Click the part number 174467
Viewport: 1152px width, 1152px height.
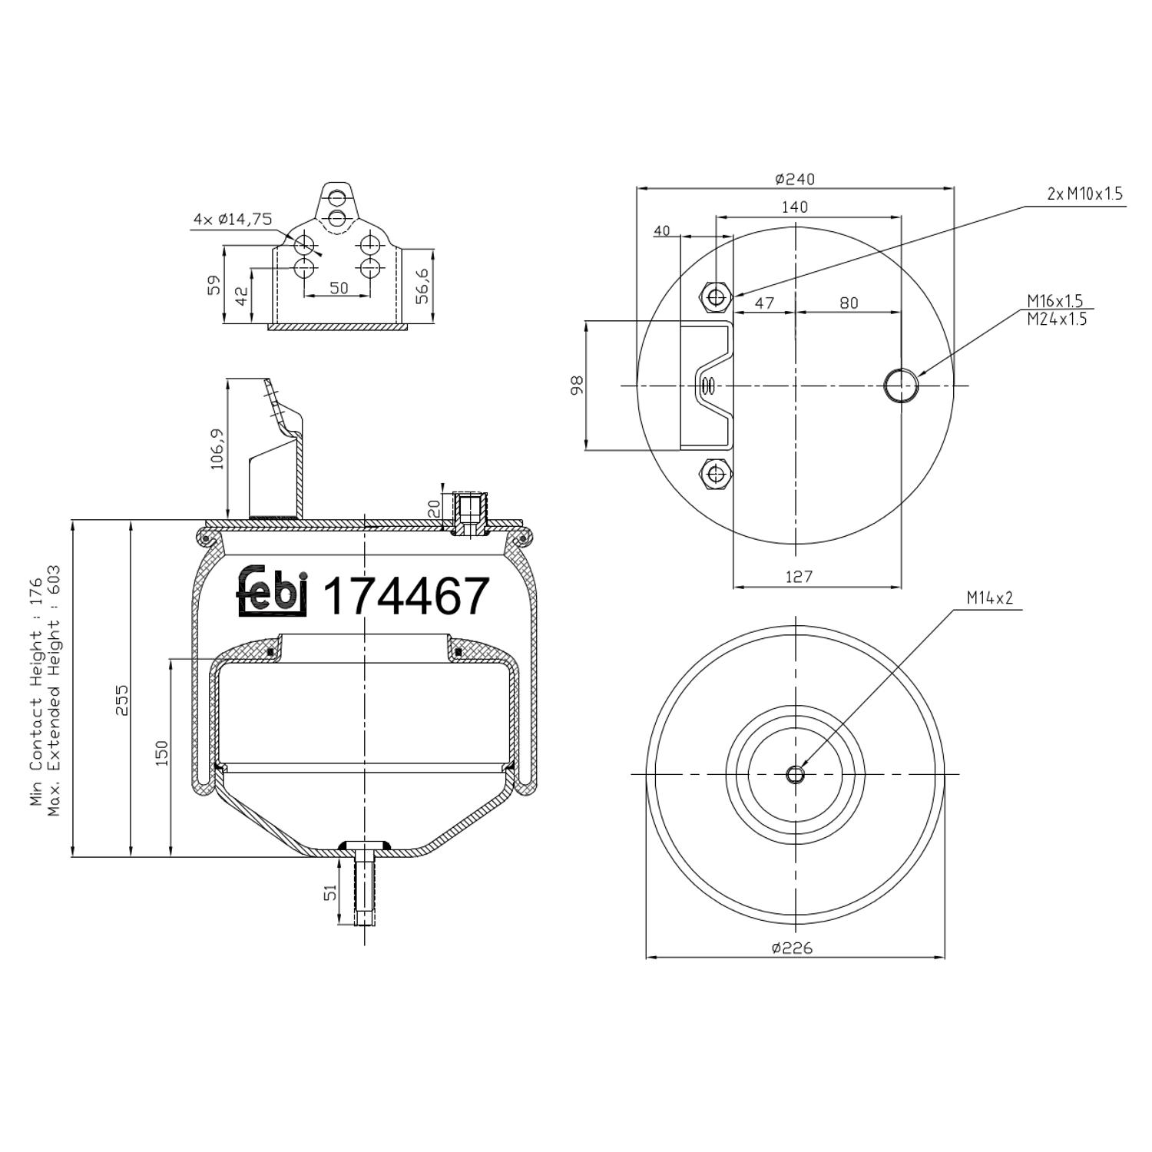click(406, 597)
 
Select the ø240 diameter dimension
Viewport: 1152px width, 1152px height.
click(795, 179)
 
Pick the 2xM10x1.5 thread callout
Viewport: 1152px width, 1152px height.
click(1084, 194)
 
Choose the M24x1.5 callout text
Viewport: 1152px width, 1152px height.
click(1057, 319)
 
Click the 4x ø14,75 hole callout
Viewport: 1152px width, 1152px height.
click(233, 220)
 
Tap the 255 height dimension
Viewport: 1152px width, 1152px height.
click(122, 700)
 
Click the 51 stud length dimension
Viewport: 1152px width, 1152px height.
click(330, 892)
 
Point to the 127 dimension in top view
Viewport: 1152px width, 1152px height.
click(799, 576)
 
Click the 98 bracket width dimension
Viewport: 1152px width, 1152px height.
click(578, 385)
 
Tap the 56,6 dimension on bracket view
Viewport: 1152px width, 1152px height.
click(422, 286)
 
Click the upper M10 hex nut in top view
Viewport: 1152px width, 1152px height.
click(717, 296)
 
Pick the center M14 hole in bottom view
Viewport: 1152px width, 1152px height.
click(796, 774)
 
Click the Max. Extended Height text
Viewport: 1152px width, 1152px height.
click(54, 691)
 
